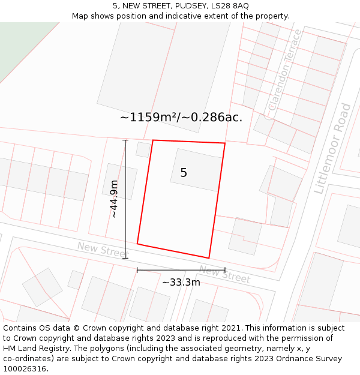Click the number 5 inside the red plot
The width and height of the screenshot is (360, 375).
click(x=184, y=173)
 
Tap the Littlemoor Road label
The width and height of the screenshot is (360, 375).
click(x=332, y=148)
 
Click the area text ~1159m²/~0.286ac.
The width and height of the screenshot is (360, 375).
click(x=181, y=117)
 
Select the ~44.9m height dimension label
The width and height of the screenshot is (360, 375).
click(x=113, y=199)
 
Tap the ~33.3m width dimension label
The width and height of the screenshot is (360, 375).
click(x=181, y=282)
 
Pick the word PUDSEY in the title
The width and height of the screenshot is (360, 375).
click(x=183, y=6)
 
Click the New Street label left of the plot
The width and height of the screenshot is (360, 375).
click(x=103, y=248)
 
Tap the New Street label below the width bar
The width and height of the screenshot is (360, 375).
click(x=224, y=274)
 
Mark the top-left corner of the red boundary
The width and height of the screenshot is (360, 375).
click(x=153, y=140)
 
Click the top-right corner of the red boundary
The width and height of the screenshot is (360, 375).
click(x=225, y=143)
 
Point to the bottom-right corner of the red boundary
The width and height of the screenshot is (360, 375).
click(x=209, y=258)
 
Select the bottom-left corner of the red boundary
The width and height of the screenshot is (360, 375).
click(x=137, y=244)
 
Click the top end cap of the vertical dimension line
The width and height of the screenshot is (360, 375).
click(x=125, y=140)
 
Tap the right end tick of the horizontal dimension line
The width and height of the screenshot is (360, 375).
click(x=225, y=270)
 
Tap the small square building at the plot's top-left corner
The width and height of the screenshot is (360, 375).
click(x=143, y=149)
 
